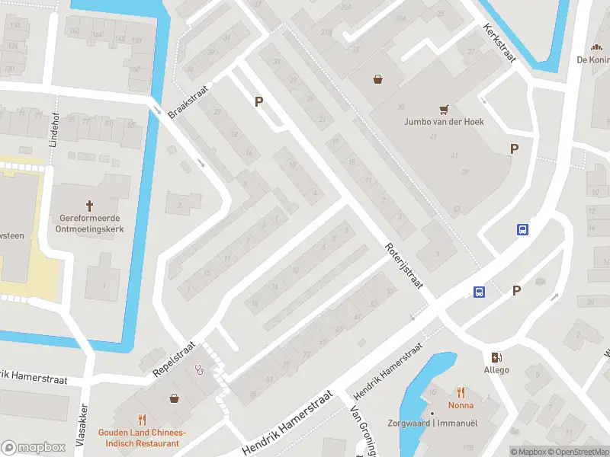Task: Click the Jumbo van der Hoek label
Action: pos(444,121)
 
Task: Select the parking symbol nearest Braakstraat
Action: pos(259,101)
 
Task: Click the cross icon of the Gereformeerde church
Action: pos(90,206)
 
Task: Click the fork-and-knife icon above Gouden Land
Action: pos(143,419)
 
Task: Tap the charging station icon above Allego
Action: pos(496,357)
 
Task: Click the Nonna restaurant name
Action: pos(461,406)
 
